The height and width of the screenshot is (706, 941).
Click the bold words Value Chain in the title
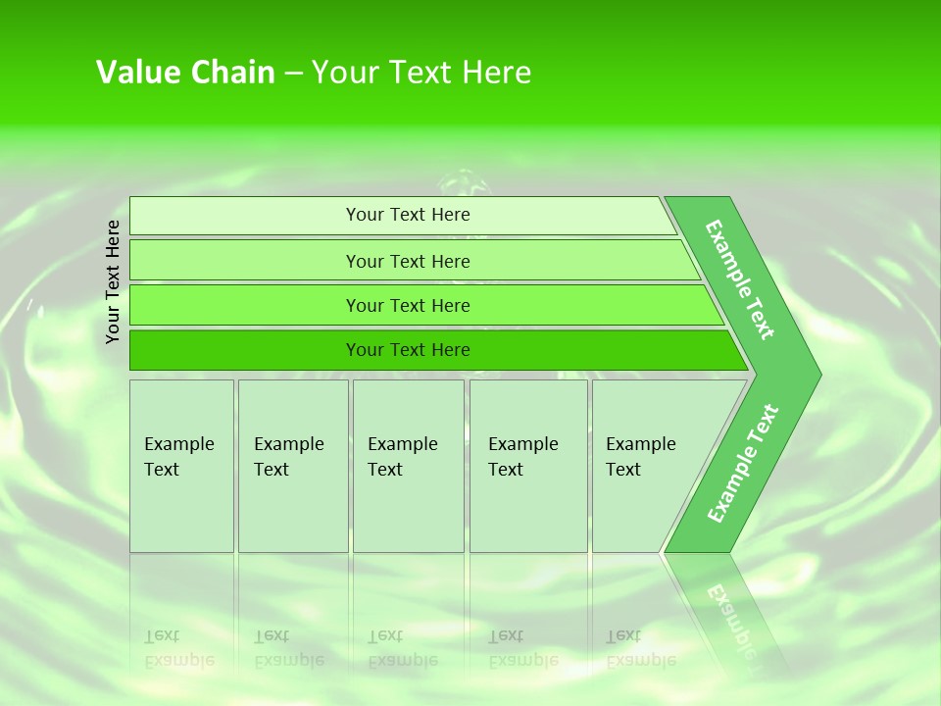(185, 73)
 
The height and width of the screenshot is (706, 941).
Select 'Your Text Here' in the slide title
(421, 73)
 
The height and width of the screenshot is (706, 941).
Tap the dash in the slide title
(293, 74)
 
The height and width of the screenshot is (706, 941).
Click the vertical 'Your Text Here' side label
(113, 282)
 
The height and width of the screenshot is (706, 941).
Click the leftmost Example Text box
(181, 465)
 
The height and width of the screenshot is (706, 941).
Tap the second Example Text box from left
(292, 465)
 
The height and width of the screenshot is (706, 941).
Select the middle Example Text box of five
(408, 465)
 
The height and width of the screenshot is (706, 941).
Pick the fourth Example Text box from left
(528, 465)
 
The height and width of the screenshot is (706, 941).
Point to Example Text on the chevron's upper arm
(741, 279)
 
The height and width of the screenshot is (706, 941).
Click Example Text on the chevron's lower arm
(743, 464)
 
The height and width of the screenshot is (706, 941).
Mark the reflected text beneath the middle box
(402, 647)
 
